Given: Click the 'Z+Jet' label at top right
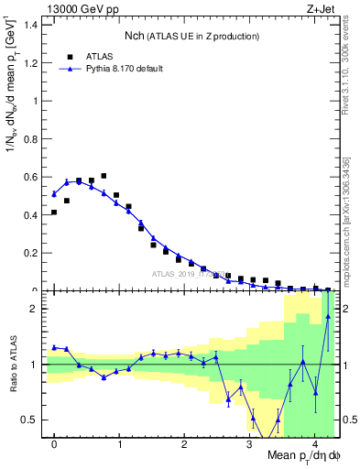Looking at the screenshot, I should [322, 8].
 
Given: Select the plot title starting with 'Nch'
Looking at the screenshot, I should [191, 36].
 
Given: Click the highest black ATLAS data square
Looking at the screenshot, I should [104, 175].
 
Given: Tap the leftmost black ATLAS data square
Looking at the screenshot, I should [54, 213].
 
